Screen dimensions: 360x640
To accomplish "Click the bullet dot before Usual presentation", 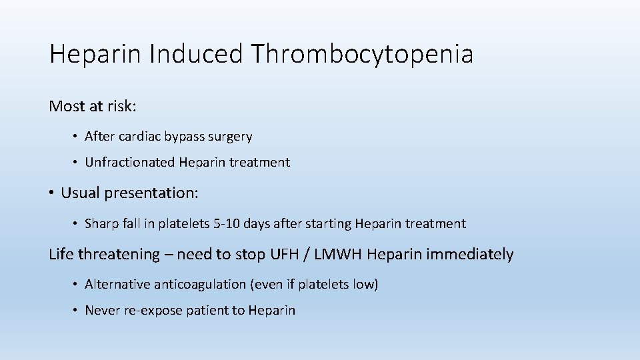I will (52, 193).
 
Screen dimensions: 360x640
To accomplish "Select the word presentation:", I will (153, 193).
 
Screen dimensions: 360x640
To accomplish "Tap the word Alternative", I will (117, 285).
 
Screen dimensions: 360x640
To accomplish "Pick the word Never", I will (102, 311).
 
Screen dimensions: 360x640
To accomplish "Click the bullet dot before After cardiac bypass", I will (75, 137).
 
